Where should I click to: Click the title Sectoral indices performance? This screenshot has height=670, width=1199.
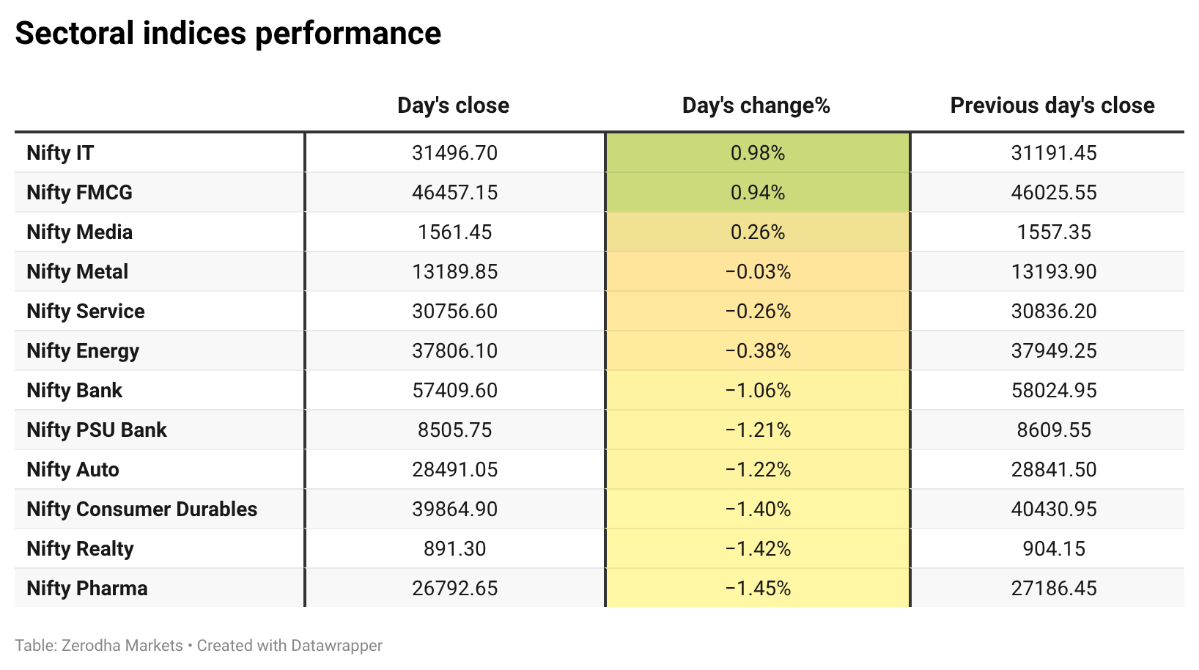click(228, 33)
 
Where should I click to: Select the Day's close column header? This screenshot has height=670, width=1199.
click(453, 106)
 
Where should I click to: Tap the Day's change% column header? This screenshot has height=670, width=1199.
click(756, 106)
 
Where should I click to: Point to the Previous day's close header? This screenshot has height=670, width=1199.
click(1052, 106)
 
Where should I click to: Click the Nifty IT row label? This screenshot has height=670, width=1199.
click(60, 153)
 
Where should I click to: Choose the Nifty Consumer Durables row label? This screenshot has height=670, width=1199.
click(142, 509)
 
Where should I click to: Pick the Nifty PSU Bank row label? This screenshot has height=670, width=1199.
click(96, 430)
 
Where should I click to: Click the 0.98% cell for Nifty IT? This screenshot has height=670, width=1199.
click(757, 153)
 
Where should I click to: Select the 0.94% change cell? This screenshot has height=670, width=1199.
click(757, 193)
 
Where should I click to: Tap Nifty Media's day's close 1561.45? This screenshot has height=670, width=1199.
click(454, 232)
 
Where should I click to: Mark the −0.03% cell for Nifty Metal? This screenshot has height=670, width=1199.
click(757, 272)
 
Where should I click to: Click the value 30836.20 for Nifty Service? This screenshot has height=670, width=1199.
click(1053, 312)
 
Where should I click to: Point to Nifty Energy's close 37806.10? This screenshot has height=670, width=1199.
click(454, 351)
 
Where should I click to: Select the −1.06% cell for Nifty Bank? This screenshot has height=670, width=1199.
click(757, 391)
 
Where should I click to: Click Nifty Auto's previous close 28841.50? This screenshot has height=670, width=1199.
click(1053, 470)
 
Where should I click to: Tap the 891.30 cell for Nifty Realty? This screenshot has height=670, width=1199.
click(454, 549)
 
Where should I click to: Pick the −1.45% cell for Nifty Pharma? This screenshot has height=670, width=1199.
click(757, 589)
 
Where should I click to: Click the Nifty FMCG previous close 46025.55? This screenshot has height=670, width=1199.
click(1053, 193)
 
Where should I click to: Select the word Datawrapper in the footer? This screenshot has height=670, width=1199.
click(336, 646)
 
